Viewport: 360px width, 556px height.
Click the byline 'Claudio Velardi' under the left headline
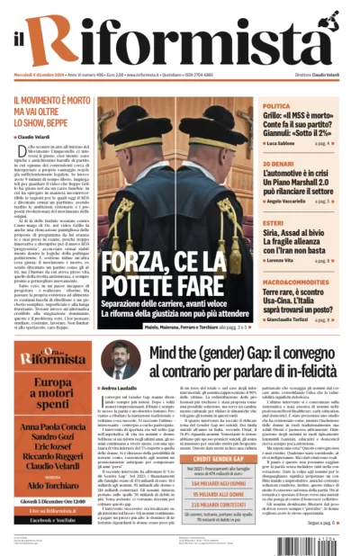pyautogui.click(x=37, y=138)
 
